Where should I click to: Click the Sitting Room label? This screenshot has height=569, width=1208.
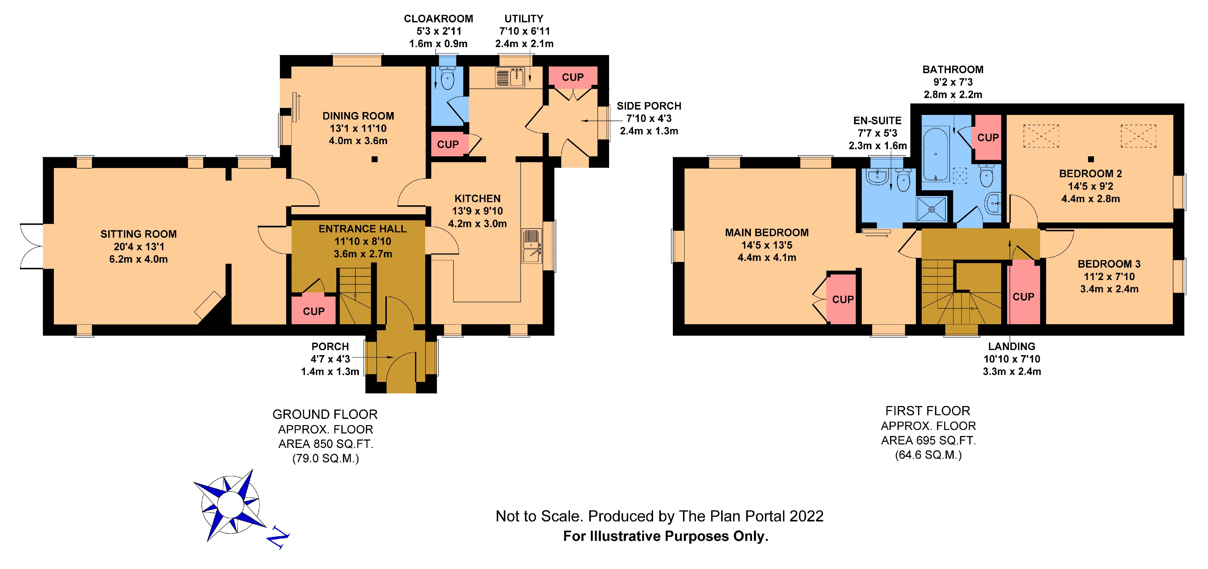point(138,234)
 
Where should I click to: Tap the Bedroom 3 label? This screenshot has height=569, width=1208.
point(1109,264)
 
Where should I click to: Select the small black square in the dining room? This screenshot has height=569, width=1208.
point(374,159)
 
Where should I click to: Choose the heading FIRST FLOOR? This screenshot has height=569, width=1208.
point(928,411)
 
